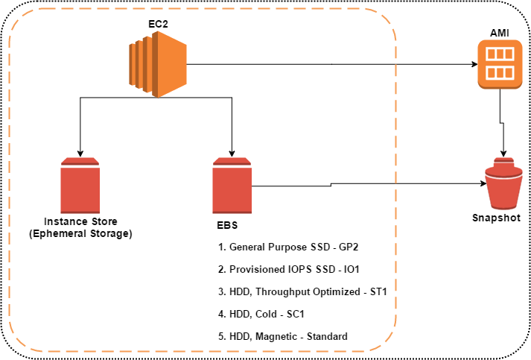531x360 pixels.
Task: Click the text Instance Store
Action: pyautogui.click(x=80, y=221)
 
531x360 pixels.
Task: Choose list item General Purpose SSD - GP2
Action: pyautogui.click(x=289, y=246)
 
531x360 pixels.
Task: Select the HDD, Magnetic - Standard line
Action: pyautogui.click(x=283, y=336)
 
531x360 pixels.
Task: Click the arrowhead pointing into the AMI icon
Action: pyautogui.click(x=474, y=64)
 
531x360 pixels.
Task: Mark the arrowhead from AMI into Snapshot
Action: pyautogui.click(x=506, y=154)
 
